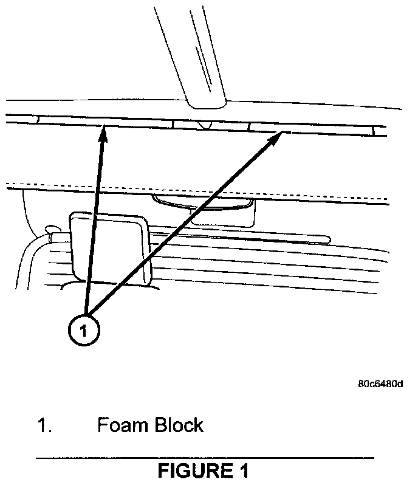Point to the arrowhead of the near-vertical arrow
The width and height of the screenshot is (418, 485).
tap(104, 130)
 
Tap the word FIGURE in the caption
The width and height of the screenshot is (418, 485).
tap(193, 471)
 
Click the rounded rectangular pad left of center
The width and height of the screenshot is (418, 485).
tap(109, 246)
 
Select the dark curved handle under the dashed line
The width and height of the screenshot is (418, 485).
tap(200, 202)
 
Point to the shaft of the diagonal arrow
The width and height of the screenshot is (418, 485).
tap(182, 225)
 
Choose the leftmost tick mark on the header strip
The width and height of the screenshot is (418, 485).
tap(37, 119)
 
